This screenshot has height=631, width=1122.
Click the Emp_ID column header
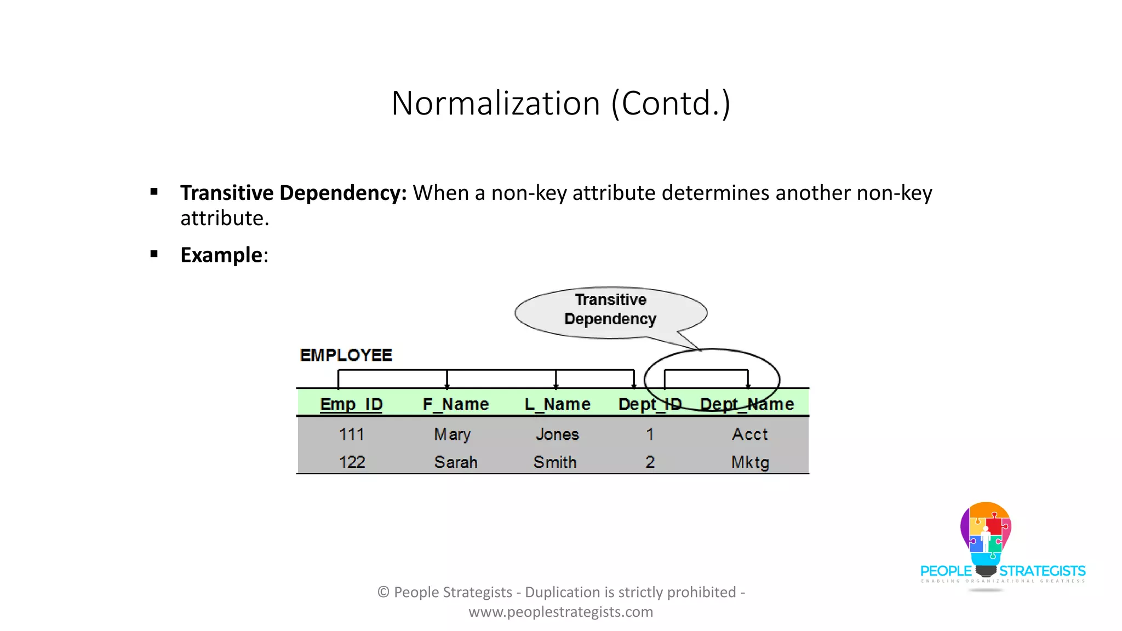[x=351, y=404]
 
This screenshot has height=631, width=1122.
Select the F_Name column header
[x=456, y=404]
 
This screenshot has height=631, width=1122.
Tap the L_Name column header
[x=558, y=404]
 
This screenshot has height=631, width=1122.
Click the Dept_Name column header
[x=747, y=404]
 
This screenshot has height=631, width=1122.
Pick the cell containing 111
[x=352, y=434]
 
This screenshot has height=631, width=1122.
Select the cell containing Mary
[x=453, y=434]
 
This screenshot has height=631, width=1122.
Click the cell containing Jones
[x=557, y=434]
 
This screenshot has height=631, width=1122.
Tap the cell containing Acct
[x=750, y=434]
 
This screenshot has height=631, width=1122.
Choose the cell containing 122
[x=352, y=462]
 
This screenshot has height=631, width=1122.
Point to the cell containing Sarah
[x=456, y=462]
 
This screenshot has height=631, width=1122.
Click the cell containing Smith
[x=555, y=462]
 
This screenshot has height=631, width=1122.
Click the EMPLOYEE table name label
[x=346, y=355]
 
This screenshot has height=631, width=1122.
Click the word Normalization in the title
[x=495, y=103]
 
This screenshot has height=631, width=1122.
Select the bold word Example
[x=221, y=255]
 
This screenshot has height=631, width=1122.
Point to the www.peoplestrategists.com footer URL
[x=560, y=612]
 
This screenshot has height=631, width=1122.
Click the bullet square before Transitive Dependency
[x=154, y=192]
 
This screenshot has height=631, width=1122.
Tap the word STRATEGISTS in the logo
[x=1043, y=571]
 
